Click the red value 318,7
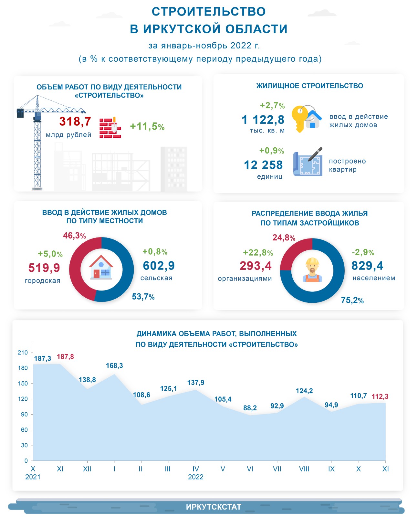75,121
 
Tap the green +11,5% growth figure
147,126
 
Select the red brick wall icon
110,128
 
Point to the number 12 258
263,165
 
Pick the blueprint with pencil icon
308,163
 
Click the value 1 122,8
263,120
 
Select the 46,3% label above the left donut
74,236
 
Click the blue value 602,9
159,266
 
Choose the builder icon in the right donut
312,270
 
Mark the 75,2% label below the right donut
352,301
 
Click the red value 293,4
256,266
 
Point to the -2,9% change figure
363,252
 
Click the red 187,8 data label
65,357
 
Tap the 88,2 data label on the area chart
250,408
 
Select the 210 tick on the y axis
23,353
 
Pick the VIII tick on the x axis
304,469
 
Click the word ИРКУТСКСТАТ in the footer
214,507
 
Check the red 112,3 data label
380,396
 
